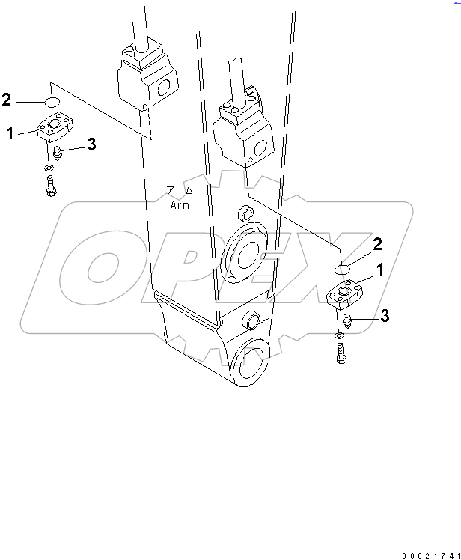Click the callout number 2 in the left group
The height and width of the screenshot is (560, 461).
[7, 99]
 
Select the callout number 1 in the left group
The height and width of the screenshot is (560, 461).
[10, 133]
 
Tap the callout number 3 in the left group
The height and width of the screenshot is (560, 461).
[91, 145]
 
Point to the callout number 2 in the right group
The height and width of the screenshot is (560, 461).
[377, 243]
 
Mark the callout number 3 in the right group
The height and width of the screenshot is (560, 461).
[384, 317]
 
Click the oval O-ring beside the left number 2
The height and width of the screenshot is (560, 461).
[50, 101]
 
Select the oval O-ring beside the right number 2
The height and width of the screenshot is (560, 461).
[341, 269]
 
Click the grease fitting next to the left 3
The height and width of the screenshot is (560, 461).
[58, 153]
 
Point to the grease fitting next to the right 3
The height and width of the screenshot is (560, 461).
[348, 322]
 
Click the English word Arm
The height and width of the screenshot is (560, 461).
[180, 204]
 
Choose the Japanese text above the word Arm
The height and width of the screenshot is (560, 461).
[180, 191]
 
